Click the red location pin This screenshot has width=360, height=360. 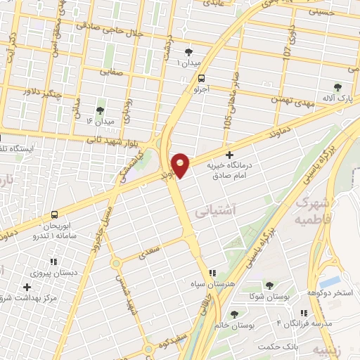tap(181, 165)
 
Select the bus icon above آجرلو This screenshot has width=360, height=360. tap(202, 78)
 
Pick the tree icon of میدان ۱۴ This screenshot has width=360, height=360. tap(99, 110)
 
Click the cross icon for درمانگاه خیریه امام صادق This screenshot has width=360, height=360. tap(229, 154)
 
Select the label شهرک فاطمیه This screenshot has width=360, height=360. tap(314, 209)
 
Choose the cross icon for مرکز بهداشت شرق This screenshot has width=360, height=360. tap(27, 287)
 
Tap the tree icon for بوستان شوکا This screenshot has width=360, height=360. tap(269, 285)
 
